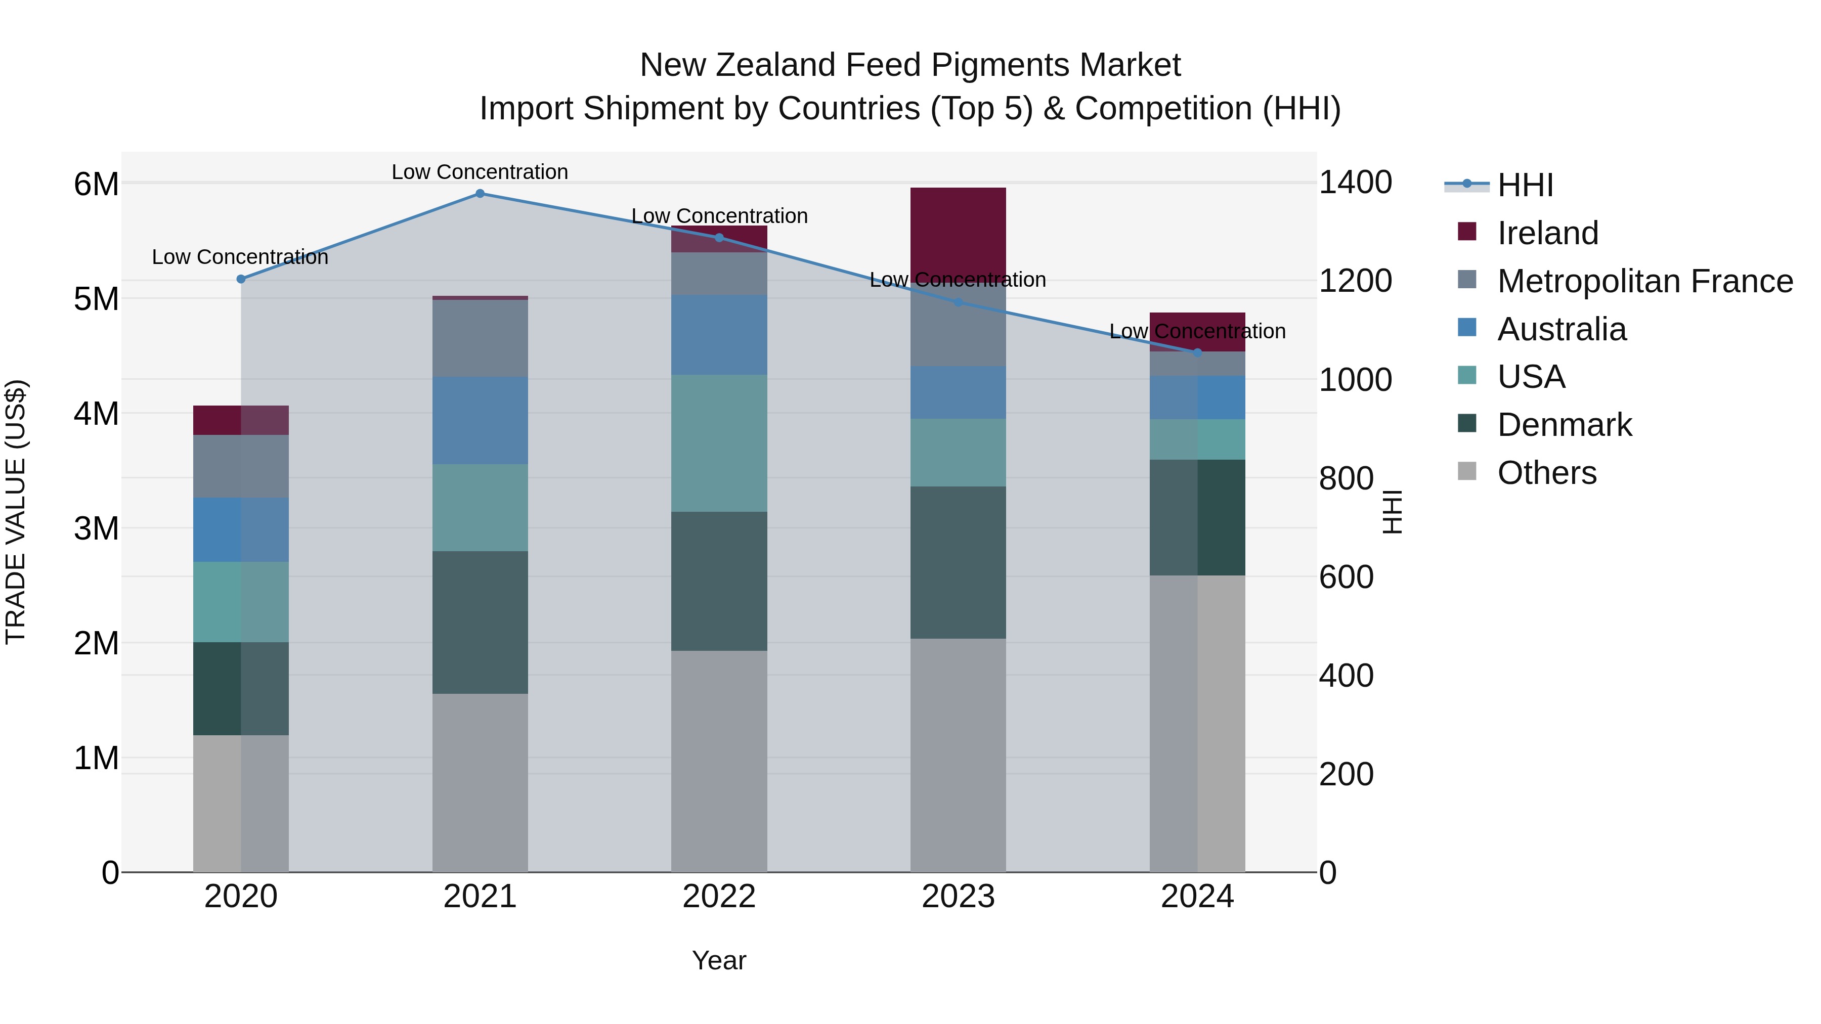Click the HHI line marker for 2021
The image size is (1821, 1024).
point(480,194)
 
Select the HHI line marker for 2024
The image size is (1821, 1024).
point(1197,352)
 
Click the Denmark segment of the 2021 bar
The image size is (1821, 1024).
point(480,622)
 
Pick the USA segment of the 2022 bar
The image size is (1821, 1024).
point(719,443)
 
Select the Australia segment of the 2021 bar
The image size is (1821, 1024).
point(480,421)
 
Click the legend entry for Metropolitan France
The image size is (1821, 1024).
point(1644,281)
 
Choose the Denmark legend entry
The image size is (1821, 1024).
point(1564,425)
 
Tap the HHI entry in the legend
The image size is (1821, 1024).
point(1525,185)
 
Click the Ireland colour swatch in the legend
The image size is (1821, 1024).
point(1467,232)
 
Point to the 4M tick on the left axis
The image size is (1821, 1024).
point(96,414)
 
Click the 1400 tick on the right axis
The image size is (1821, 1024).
point(1355,183)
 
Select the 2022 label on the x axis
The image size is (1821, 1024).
point(719,897)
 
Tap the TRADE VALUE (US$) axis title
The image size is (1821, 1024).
point(16,512)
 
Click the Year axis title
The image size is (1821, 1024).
point(719,960)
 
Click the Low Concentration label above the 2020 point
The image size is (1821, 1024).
point(240,257)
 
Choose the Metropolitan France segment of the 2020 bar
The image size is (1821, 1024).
point(240,466)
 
